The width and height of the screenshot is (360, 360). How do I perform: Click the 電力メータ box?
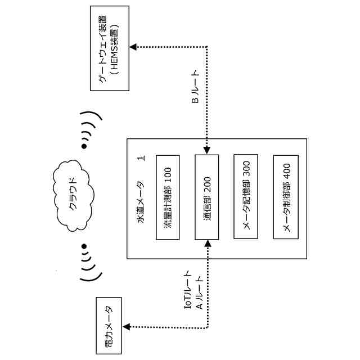[109, 327]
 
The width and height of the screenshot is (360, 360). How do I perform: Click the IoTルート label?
[188, 295]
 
